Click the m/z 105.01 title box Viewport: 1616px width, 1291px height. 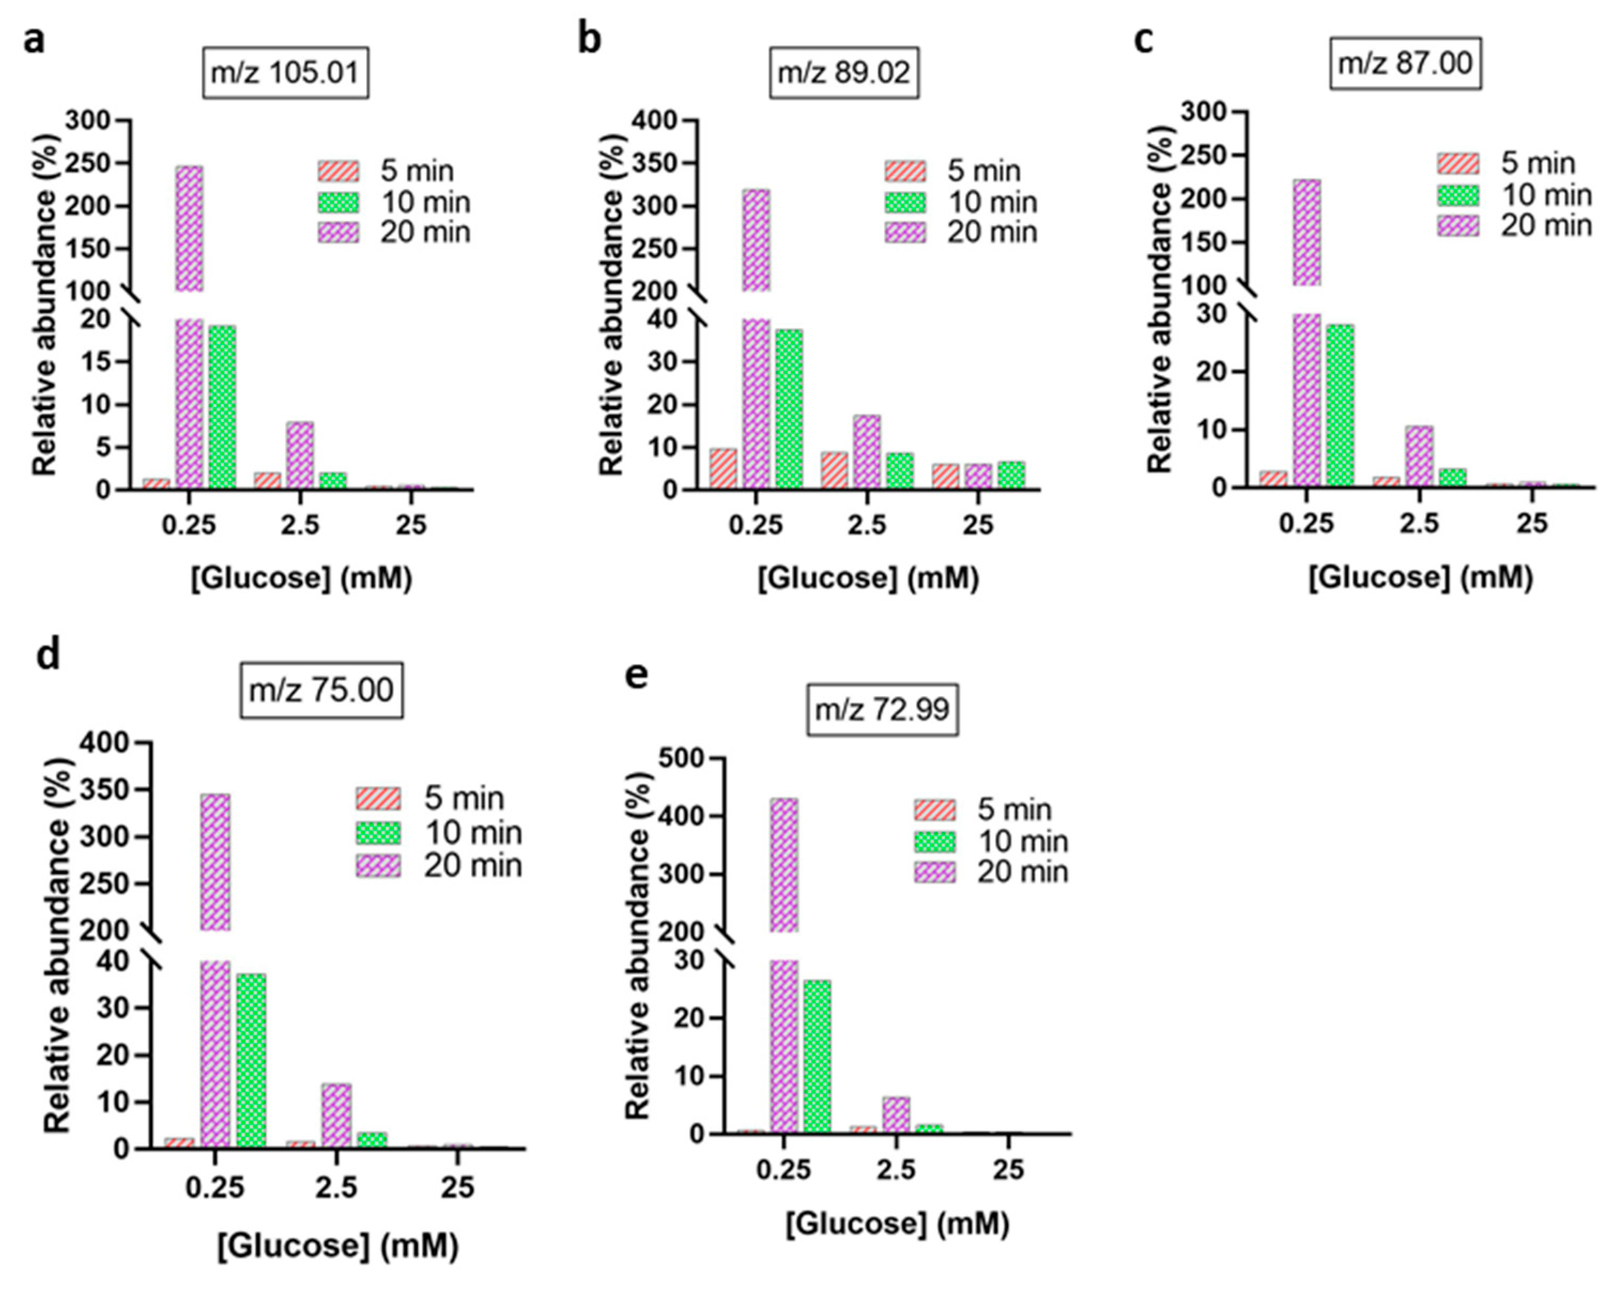pos(286,73)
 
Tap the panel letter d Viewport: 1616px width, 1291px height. pos(49,654)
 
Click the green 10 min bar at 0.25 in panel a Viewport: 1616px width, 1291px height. pos(222,407)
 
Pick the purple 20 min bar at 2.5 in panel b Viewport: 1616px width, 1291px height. pos(866,452)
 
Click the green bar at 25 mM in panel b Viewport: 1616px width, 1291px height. pos(1011,475)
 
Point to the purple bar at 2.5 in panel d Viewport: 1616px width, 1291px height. pos(336,1115)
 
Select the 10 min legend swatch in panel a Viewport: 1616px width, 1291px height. pos(338,202)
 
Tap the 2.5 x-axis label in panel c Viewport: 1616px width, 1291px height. pos(1418,523)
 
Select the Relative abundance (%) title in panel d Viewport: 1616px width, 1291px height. pos(57,945)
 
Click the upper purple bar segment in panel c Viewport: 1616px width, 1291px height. pos(1306,232)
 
